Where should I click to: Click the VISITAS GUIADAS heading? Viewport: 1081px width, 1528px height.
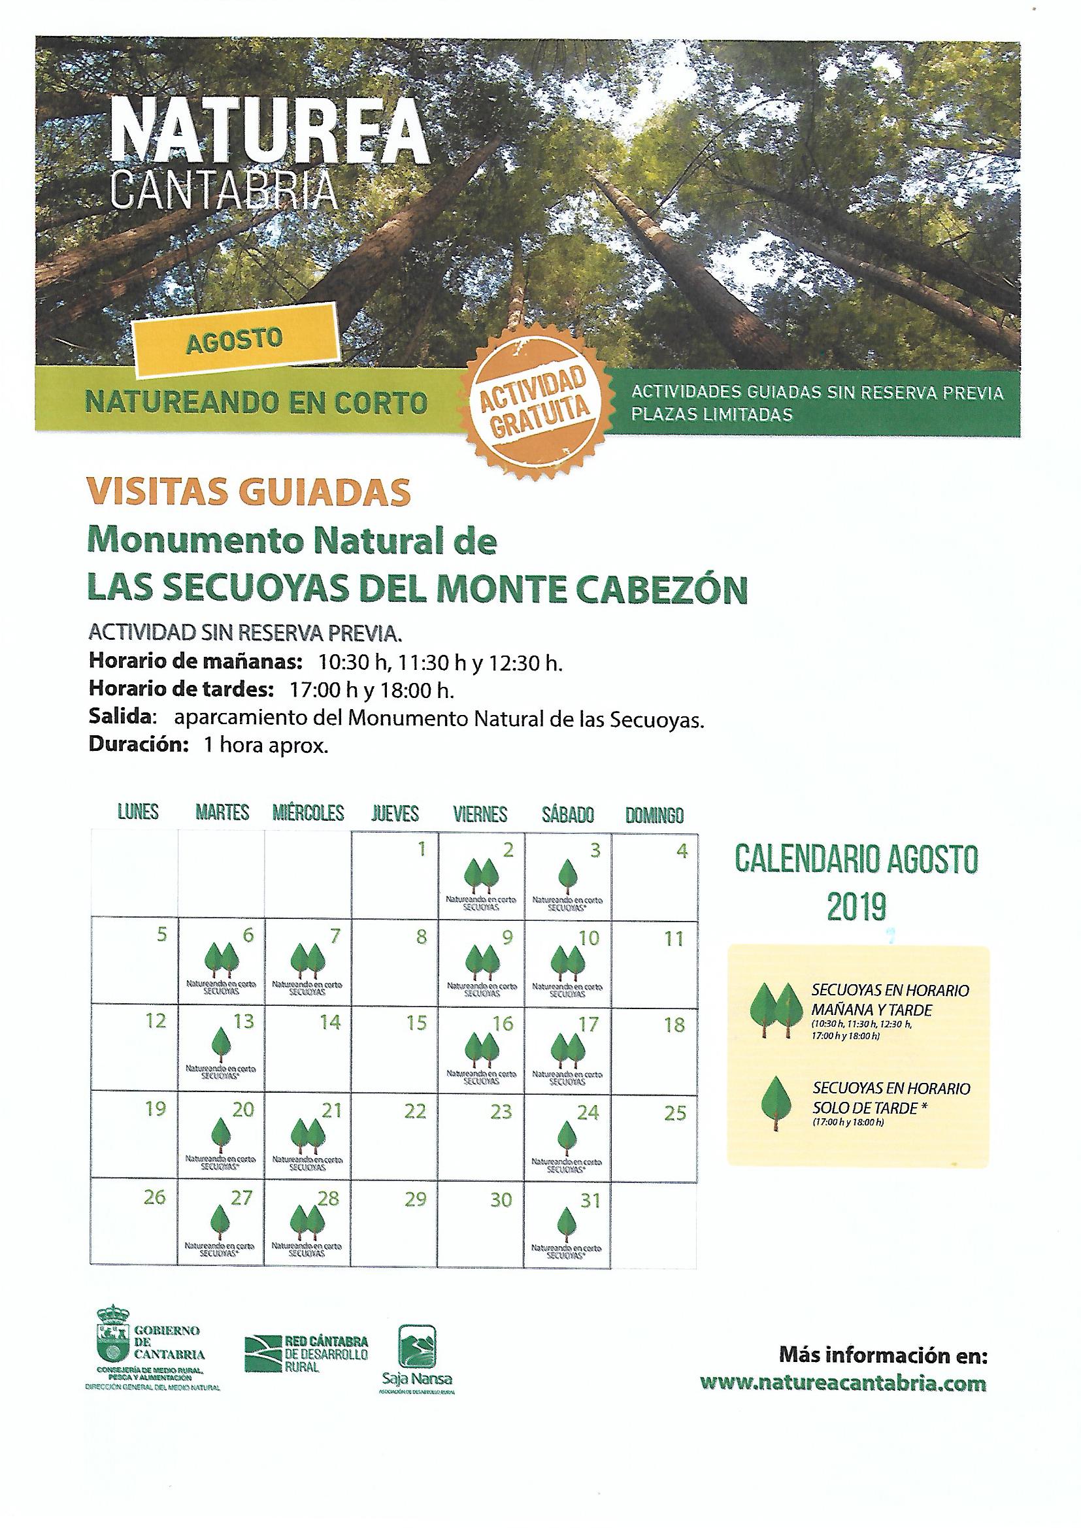pyautogui.click(x=249, y=492)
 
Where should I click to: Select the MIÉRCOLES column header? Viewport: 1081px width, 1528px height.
pyautogui.click(x=308, y=813)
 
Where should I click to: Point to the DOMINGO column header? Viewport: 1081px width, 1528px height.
pyautogui.click(x=654, y=814)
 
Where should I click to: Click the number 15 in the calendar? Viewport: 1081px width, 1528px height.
pyautogui.click(x=416, y=1023)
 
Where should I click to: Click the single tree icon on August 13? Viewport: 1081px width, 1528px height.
pyautogui.click(x=220, y=1044)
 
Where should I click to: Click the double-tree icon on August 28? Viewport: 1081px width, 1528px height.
pyautogui.click(x=308, y=1221)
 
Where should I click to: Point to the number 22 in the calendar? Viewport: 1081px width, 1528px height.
pyautogui.click(x=416, y=1112)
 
